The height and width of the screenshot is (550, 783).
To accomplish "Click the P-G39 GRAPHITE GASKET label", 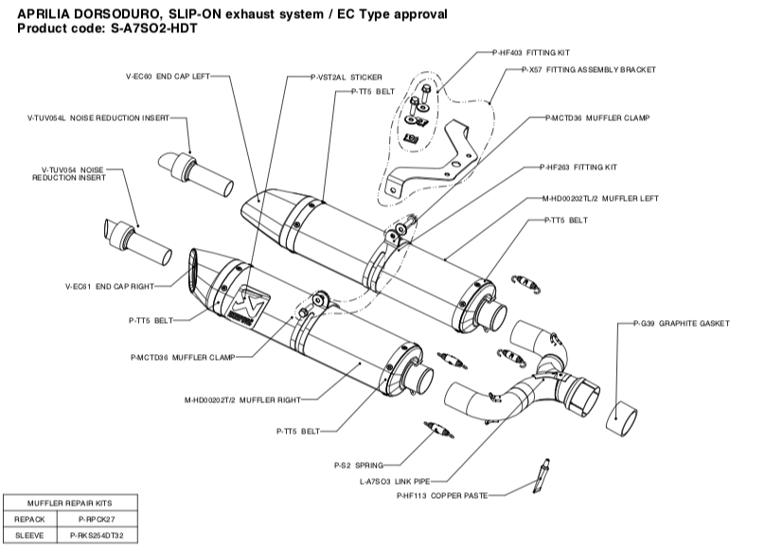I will pyautogui.click(x=681, y=324).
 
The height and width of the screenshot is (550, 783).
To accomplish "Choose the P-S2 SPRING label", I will pyautogui.click(x=358, y=466).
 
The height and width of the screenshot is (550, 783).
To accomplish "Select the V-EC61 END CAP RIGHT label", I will pyautogui.click(x=109, y=285).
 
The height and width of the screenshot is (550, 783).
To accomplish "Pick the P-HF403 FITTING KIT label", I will pyautogui.click(x=532, y=53).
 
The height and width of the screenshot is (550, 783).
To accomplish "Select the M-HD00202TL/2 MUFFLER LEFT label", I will pyautogui.click(x=599, y=199).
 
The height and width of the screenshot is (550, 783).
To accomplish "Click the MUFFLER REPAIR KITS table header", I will pyautogui.click(x=69, y=504).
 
